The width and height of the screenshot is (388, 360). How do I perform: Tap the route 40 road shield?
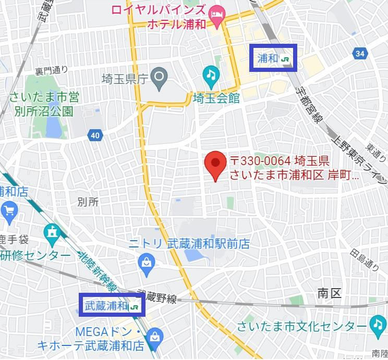point(94,135)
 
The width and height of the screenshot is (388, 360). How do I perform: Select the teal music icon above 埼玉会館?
point(210,75)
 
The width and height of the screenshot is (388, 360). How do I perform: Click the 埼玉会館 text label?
point(216,98)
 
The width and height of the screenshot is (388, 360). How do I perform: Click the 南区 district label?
point(329,293)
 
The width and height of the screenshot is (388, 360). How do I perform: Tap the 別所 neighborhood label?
point(87,202)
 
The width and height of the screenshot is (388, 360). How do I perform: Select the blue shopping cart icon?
point(9,210)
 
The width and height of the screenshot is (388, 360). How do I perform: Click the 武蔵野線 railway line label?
point(157,297)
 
